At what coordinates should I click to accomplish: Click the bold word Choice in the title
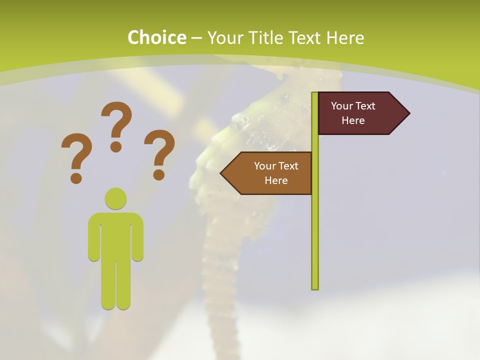(x=156, y=37)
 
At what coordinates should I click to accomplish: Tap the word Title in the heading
(x=270, y=37)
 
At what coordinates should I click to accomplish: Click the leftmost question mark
(x=76, y=152)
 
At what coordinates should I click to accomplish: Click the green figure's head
(x=115, y=198)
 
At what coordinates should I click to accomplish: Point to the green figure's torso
(x=115, y=235)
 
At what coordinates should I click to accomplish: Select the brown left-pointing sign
(x=270, y=173)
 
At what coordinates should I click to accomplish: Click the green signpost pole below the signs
(x=314, y=240)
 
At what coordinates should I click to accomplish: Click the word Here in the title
(x=345, y=37)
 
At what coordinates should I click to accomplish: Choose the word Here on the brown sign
(x=276, y=180)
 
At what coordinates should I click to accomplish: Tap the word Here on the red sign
(x=353, y=120)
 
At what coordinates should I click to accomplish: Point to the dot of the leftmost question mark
(x=76, y=177)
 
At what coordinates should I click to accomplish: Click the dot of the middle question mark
(x=116, y=146)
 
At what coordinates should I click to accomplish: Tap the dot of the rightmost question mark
(x=159, y=174)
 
